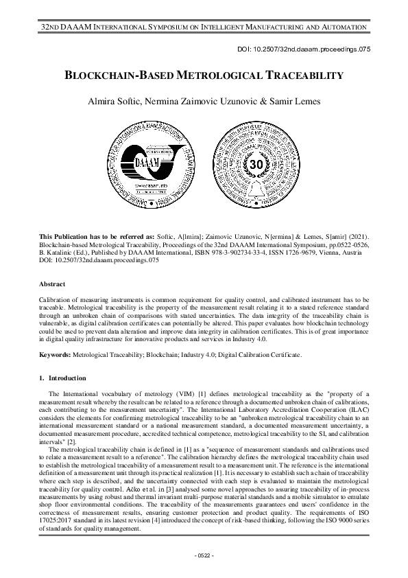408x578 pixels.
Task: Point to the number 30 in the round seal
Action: click(255, 165)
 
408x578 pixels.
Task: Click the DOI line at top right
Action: click(313, 50)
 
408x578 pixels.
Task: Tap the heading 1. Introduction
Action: click(62, 378)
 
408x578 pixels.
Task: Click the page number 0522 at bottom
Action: click(204, 555)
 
